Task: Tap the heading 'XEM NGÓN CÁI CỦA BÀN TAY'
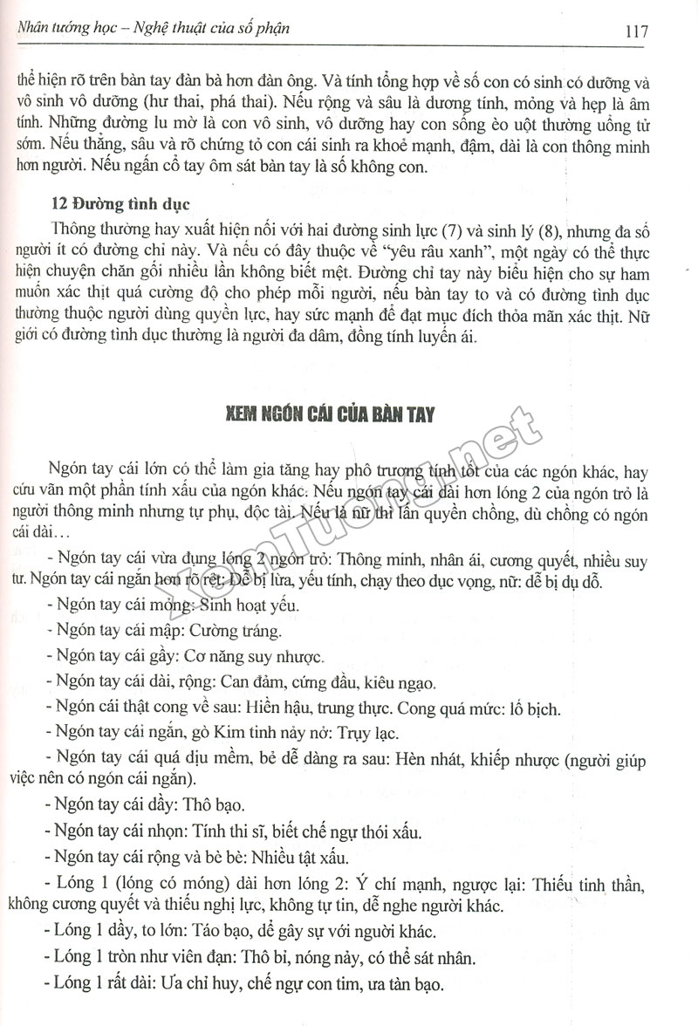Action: (x=326, y=415)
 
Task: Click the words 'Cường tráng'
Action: (x=239, y=631)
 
